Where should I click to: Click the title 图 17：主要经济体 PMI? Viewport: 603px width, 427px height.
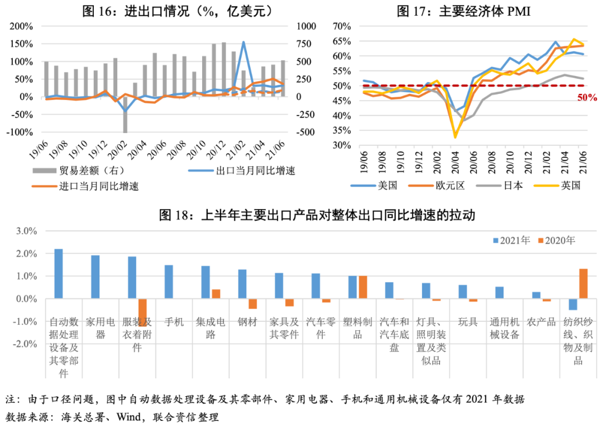click(463, 11)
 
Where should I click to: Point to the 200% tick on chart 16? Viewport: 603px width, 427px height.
click(21, 26)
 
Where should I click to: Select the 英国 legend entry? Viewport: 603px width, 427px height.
click(570, 186)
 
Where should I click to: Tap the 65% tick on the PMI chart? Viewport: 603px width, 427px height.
click(341, 41)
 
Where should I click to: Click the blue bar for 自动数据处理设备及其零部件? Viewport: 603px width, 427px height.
click(59, 274)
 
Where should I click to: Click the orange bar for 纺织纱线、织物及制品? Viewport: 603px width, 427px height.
click(583, 284)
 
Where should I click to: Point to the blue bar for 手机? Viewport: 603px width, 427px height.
click(169, 282)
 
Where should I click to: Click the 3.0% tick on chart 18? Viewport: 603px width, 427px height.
click(25, 231)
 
